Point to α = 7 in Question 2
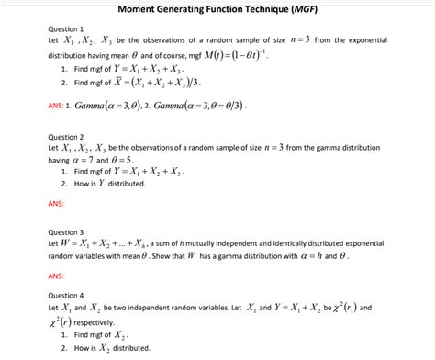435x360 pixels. tap(93, 159)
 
